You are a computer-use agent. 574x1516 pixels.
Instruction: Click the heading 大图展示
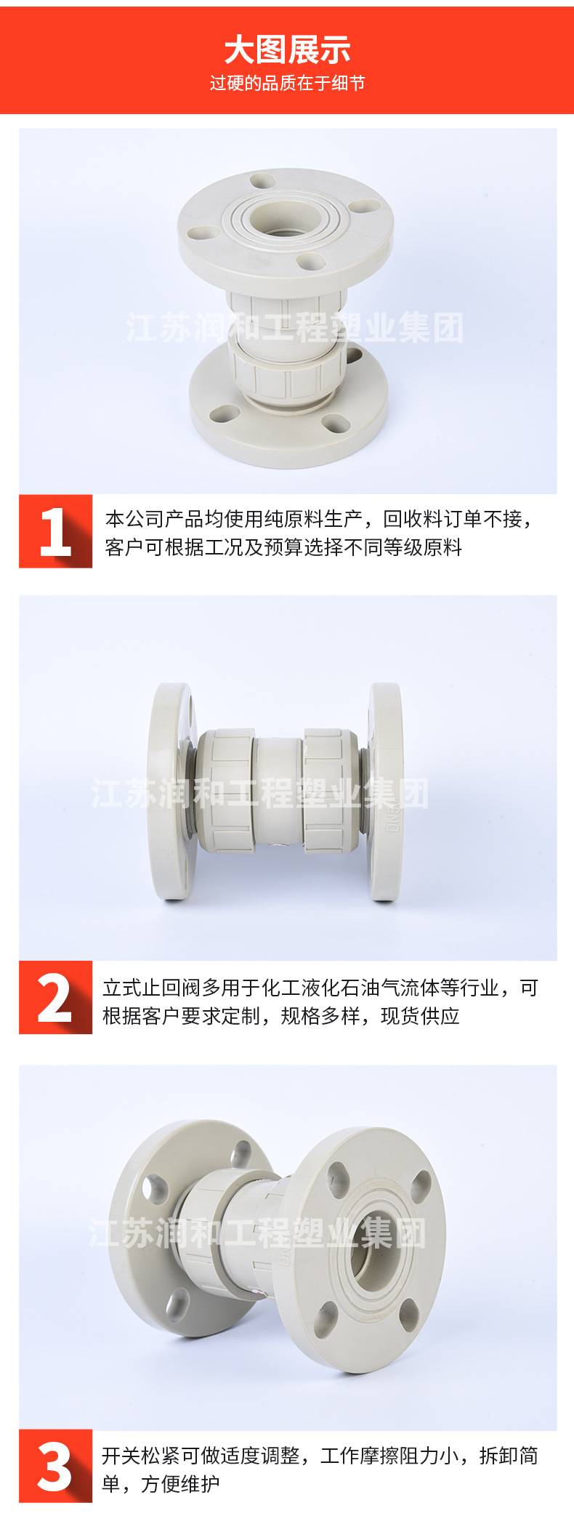287,50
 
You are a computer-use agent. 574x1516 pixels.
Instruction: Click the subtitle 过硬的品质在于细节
287,84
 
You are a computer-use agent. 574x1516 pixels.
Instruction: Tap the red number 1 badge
55,531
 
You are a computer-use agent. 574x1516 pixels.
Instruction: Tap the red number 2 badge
55,997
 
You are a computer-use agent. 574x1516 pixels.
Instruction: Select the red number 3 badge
55,1466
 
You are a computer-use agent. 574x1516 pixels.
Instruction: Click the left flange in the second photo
171,791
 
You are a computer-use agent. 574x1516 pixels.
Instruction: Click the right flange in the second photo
384,791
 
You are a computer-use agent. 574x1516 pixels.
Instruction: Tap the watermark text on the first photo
295,328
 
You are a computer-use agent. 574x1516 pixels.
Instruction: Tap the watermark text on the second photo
259,794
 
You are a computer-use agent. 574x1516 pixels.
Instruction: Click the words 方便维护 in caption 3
180,1483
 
